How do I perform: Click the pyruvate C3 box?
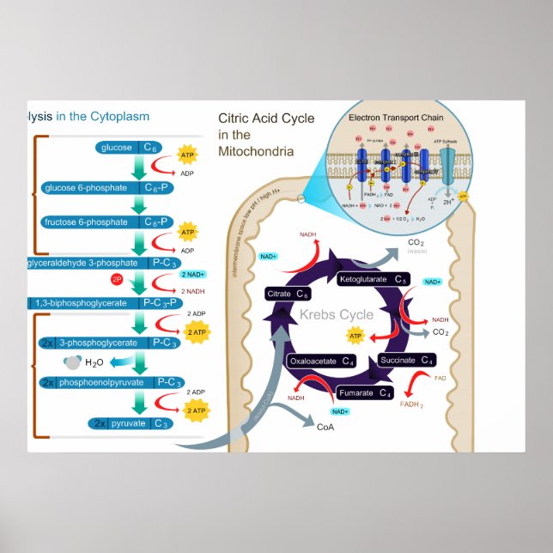pos(129,423)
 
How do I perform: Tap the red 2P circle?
pos(118,280)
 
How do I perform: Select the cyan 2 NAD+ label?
pos(194,275)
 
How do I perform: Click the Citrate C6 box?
pos(288,295)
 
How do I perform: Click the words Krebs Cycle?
pos(336,314)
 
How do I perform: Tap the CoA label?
pos(325,427)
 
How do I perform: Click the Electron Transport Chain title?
pos(397,118)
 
